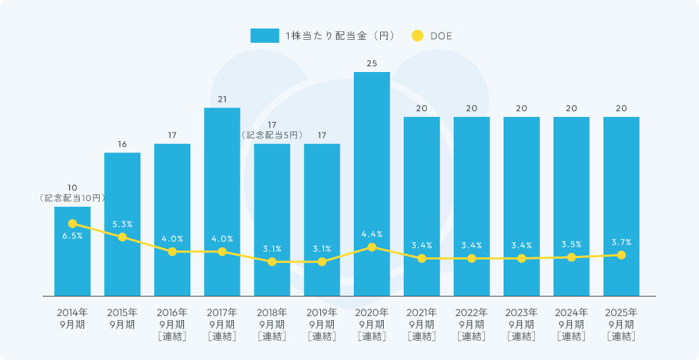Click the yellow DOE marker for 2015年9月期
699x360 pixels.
122,237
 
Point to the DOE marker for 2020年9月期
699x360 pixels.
372,247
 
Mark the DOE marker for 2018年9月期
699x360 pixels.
272,262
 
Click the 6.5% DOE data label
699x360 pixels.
72,236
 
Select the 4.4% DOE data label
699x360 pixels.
372,234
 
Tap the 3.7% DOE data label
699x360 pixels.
621,242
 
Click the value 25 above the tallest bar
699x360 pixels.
372,63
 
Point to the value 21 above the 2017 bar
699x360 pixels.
222,99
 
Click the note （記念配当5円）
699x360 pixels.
272,135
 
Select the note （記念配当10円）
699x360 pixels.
72,198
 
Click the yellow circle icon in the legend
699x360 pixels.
418,36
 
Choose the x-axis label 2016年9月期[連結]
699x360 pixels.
172,324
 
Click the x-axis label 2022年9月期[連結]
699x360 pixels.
471,324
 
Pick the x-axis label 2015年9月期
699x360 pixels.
122,319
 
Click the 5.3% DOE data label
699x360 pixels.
122,225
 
